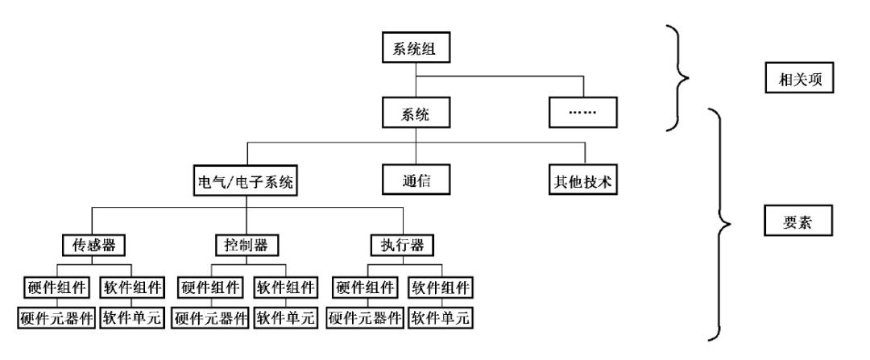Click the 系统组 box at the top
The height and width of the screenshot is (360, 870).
coord(416,48)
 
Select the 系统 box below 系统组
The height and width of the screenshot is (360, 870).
coord(416,114)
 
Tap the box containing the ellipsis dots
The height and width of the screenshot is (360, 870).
coord(583,112)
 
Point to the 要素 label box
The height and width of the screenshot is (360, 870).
coord(798,220)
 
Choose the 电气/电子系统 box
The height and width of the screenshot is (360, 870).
coord(246,180)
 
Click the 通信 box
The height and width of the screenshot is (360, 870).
coord(416,180)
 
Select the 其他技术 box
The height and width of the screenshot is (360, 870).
coord(583,180)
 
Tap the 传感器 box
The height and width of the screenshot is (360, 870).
coord(93,245)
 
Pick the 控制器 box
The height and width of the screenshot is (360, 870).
coord(246,245)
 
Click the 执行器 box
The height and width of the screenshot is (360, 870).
coord(402,245)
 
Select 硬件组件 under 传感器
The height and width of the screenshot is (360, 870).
coord(56,288)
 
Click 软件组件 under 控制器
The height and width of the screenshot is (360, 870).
coord(286,288)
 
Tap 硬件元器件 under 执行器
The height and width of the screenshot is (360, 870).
coord(365,318)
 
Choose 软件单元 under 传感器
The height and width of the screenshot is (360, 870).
coord(132,318)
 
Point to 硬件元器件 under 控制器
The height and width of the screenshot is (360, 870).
coord(210,318)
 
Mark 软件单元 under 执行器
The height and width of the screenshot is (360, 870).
coord(441,318)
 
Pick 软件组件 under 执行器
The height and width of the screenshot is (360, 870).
coord(441,288)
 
